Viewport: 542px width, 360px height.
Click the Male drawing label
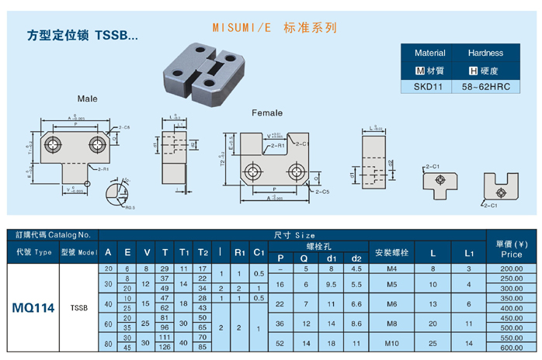(x=87, y=99)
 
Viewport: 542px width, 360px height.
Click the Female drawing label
(x=267, y=112)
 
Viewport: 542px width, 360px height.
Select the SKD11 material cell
(x=428, y=87)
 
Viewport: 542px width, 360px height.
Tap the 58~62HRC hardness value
(x=485, y=87)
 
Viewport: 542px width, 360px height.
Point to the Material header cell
(x=429, y=54)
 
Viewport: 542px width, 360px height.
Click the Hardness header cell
(x=486, y=54)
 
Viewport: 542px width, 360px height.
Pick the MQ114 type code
(x=33, y=308)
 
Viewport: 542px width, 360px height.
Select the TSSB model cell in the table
(x=78, y=308)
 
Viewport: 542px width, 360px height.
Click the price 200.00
(x=511, y=268)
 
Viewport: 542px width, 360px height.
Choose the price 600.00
(x=511, y=348)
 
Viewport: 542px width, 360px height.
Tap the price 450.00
(x=511, y=318)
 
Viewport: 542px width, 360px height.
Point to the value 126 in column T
(x=165, y=348)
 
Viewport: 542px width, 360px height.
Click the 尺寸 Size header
(x=294, y=234)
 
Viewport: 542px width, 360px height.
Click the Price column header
(x=511, y=248)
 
